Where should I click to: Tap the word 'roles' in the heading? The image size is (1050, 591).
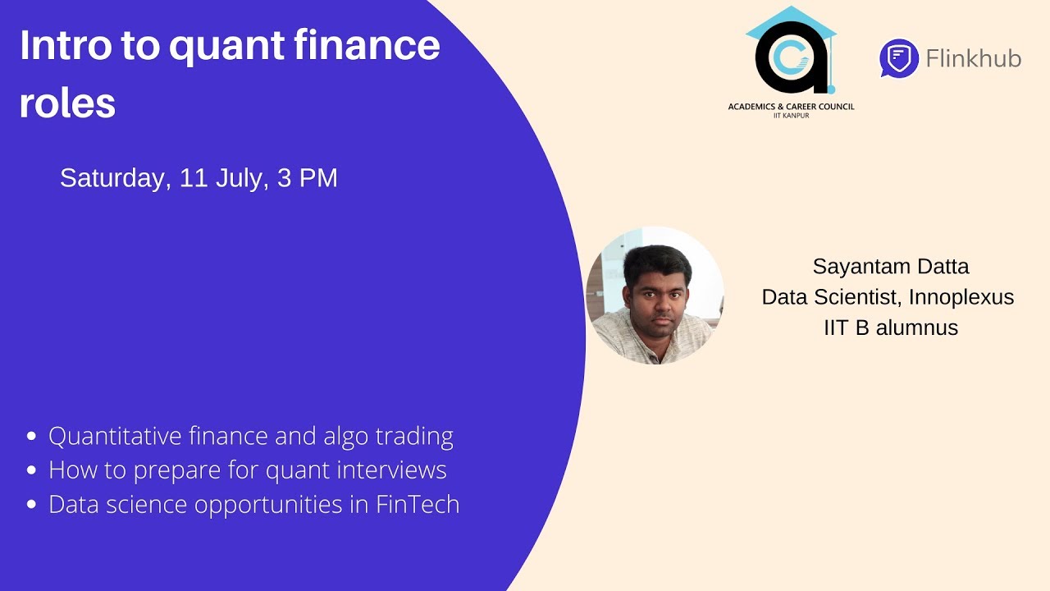(67, 103)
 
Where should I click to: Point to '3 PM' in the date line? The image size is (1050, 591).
(308, 178)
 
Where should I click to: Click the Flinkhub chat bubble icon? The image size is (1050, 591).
(898, 58)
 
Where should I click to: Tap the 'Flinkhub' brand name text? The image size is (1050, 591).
(973, 58)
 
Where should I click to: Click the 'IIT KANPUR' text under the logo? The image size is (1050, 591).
(791, 116)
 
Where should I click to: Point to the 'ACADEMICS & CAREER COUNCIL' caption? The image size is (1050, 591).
(791, 107)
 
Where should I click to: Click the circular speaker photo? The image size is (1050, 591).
(655, 295)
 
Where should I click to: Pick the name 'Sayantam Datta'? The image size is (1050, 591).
(891, 267)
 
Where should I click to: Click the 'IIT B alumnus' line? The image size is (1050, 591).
(891, 328)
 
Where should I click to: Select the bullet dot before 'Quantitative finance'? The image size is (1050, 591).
(32, 436)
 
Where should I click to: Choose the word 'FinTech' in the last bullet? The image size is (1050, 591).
(418, 504)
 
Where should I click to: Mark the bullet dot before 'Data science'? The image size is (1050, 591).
(32, 504)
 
